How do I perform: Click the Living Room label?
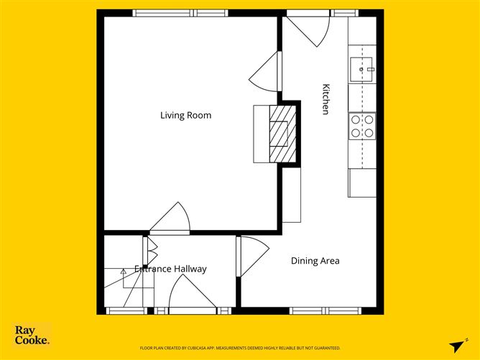coord(185,115)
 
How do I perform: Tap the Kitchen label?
coord(326,99)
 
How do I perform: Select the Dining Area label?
coord(315,261)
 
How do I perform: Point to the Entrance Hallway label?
coord(171,269)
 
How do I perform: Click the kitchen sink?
coord(361,70)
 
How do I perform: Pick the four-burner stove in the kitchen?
coord(361,126)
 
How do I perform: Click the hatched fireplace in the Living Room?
coord(280,135)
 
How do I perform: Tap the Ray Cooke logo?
coord(32,335)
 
